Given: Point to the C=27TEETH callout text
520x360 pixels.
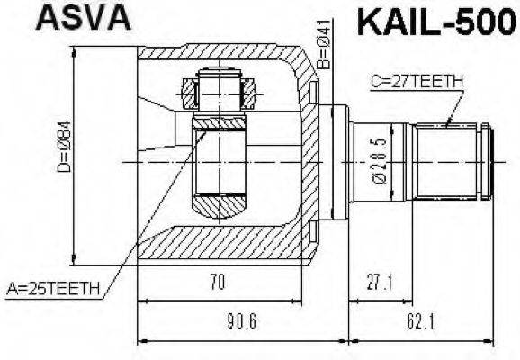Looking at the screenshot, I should click(416, 82).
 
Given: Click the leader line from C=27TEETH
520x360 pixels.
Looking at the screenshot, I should click(454, 108).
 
